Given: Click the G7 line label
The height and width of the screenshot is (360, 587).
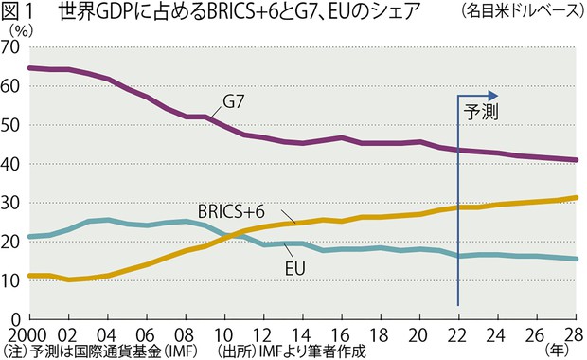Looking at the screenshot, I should pyautogui.click(x=237, y=102).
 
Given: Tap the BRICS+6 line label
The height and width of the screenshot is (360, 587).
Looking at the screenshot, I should pyautogui.click(x=233, y=210).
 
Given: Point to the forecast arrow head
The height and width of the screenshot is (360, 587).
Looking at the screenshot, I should pyautogui.click(x=492, y=95).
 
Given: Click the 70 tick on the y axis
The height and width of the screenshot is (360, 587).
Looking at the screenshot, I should pyautogui.click(x=12, y=47).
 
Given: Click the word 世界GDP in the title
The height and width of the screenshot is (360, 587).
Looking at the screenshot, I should pyautogui.click(x=100, y=12).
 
